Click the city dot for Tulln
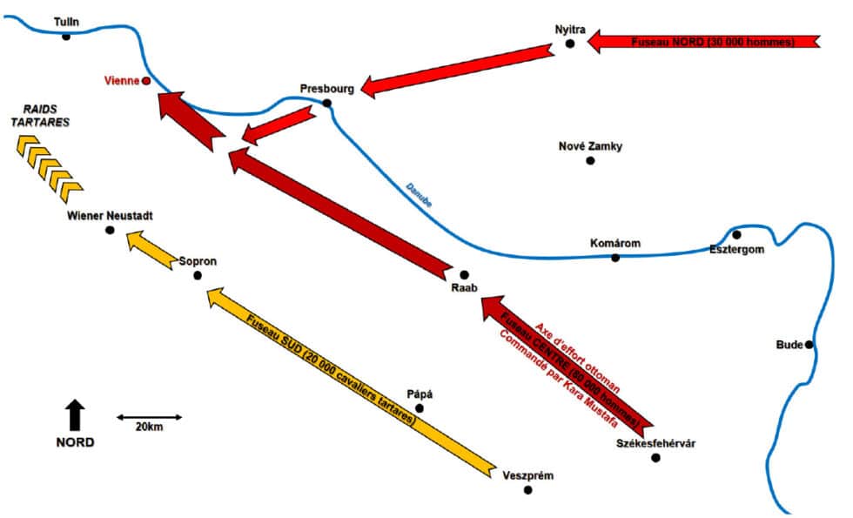(x=66, y=36)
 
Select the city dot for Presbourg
(x=327, y=104)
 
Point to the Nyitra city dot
(x=570, y=43)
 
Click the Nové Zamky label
(x=590, y=146)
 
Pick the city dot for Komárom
(x=615, y=258)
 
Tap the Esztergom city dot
(x=736, y=234)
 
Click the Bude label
(x=789, y=345)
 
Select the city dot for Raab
(x=464, y=275)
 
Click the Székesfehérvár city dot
(x=656, y=458)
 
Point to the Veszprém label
(x=527, y=475)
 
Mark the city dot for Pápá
(x=419, y=408)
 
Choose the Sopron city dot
(x=198, y=276)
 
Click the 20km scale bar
(x=150, y=417)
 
